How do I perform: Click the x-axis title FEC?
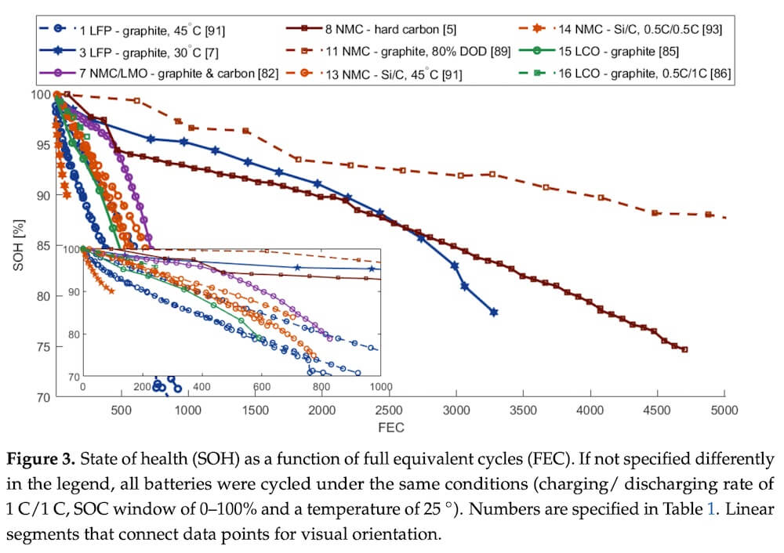tap(390, 428)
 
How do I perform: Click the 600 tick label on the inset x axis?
tap(261, 387)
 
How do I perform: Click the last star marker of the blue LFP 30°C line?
tap(494, 312)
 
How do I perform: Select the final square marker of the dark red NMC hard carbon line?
tap(684, 350)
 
